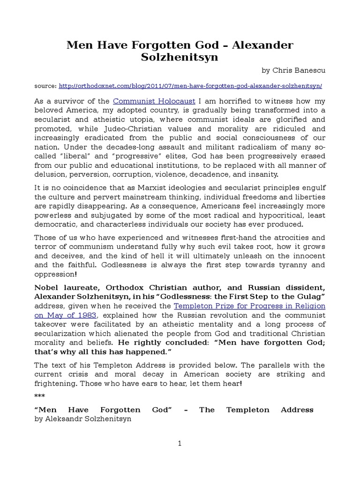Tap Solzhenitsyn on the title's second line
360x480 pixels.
tap(180, 58)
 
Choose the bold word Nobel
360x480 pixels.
tap(46, 287)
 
